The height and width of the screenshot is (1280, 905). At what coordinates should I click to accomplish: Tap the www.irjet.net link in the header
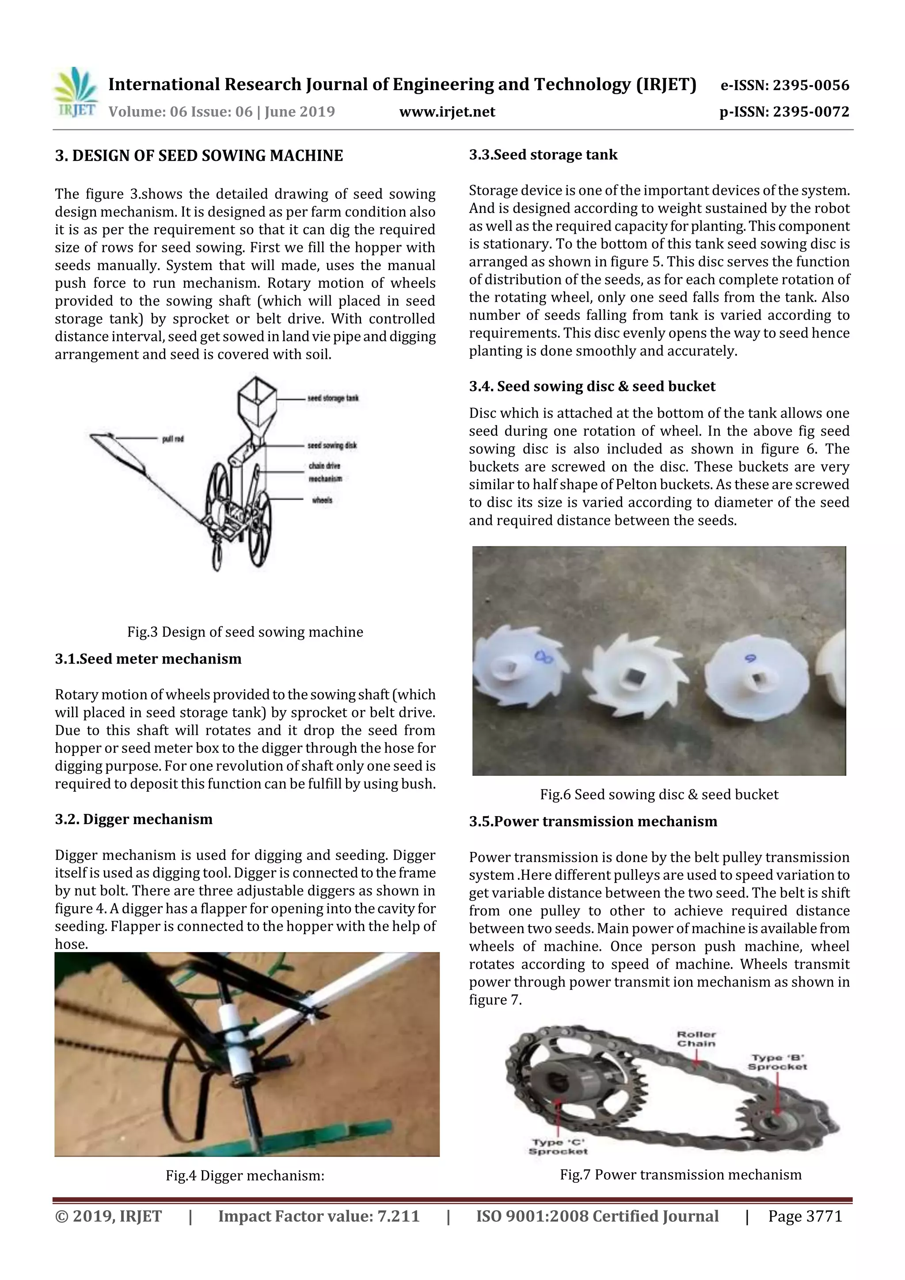447,112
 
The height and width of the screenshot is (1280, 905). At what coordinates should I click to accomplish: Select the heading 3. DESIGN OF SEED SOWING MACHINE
199,156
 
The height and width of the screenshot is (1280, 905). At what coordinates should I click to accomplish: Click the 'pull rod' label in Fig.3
173,439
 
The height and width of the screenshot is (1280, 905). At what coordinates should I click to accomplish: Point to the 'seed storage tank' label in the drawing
333,398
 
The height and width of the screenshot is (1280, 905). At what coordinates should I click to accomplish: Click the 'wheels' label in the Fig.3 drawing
322,500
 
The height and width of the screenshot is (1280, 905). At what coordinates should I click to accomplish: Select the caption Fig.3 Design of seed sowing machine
245,632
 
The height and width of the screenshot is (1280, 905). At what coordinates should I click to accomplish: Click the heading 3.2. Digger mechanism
134,819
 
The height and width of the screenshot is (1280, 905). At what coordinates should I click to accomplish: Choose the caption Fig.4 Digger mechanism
245,1176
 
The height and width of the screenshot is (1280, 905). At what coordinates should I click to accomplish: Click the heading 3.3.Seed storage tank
543,155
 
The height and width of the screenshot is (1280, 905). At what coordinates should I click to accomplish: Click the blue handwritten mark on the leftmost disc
541,658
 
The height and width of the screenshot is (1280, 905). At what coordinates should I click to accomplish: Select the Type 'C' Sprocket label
558,1147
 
